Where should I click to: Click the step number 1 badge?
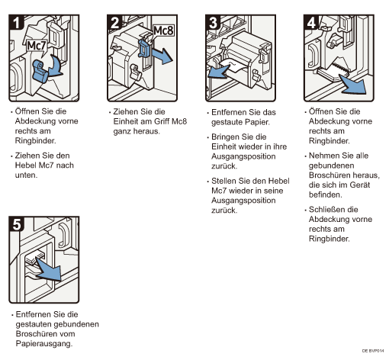tap(17, 22)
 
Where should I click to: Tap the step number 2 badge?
tap(115, 22)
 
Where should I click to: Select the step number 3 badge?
tap(214, 22)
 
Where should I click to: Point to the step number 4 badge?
tap(311, 22)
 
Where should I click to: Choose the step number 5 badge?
tap(17, 224)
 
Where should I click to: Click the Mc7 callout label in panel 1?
tap(37, 47)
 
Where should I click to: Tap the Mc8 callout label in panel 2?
tap(163, 31)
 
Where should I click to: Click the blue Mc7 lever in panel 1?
tap(40, 71)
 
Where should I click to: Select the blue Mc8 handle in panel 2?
tap(144, 48)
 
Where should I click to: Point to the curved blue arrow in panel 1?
tap(56, 66)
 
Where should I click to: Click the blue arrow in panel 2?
tap(162, 56)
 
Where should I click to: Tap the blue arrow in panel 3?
tap(219, 72)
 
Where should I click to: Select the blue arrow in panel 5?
tap(50, 269)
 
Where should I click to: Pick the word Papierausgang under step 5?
tap(44, 344)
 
